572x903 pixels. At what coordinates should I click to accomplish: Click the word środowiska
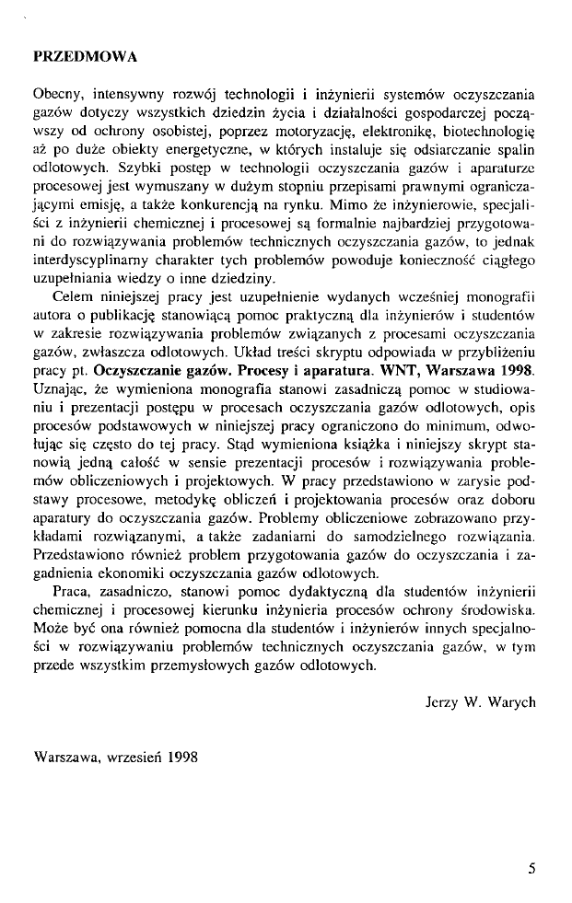point(500,609)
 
